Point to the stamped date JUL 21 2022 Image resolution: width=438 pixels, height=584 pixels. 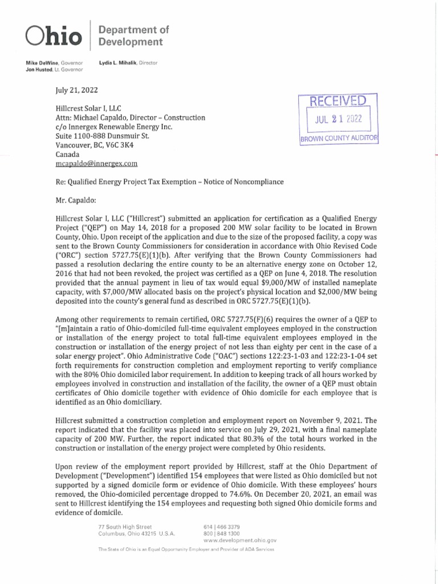pyautogui.click(x=335, y=120)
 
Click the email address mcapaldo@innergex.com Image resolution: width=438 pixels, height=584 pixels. pyautogui.click(x=96, y=164)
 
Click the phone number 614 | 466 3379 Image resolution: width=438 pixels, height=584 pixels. pyautogui.click(x=218, y=525)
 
